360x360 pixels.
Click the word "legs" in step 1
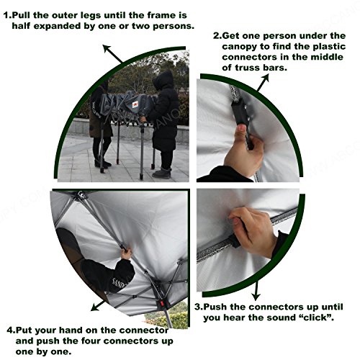pyautogui.click(x=86, y=16)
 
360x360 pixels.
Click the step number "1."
pyautogui.click(x=7, y=16)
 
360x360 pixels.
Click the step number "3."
pyautogui.click(x=199, y=307)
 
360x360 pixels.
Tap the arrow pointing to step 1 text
pyautogui.click(x=113, y=54)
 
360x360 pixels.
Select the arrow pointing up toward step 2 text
pyautogui.click(x=264, y=82)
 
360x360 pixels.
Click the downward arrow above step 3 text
pyautogui.click(x=256, y=291)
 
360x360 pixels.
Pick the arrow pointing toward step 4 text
pyautogui.click(x=99, y=306)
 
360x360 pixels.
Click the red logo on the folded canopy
pyautogui.click(x=135, y=104)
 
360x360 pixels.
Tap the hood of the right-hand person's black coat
pyautogui.click(x=163, y=79)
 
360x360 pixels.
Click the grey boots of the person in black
pyautogui.click(x=161, y=174)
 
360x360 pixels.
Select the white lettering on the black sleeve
pyautogui.click(x=119, y=283)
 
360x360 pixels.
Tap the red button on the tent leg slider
pyautogui.click(x=162, y=303)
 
